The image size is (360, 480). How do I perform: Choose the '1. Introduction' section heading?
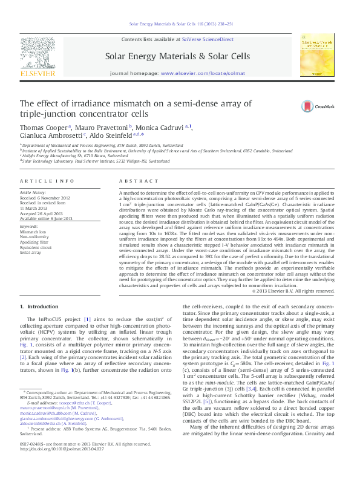[x=39, y=308]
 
